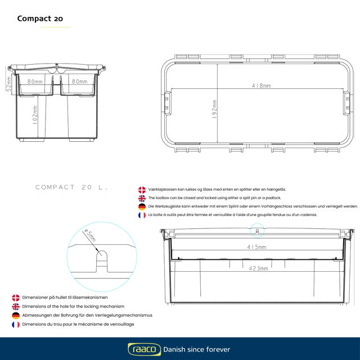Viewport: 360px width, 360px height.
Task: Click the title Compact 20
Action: tap(40, 18)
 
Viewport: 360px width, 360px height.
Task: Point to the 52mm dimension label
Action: tap(8, 83)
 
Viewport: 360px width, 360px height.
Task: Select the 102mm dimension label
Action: tap(35, 115)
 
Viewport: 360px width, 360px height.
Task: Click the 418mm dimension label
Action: tap(262, 85)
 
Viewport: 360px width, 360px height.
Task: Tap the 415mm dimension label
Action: tap(257, 247)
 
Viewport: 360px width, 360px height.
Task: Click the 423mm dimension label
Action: tap(258, 268)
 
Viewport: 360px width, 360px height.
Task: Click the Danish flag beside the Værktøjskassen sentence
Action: tap(142, 190)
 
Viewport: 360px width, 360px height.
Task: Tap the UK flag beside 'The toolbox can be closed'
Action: tap(142, 199)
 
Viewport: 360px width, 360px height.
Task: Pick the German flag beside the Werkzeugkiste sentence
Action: tap(142, 206)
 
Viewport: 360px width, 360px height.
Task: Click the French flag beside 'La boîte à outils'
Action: tap(142, 215)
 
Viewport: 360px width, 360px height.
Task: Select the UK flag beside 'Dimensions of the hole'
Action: tap(16, 307)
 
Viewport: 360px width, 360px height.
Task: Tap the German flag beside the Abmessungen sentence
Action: tap(16, 316)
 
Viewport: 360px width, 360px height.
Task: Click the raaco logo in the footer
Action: tap(143, 349)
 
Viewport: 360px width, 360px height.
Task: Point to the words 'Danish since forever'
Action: tap(196, 349)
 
